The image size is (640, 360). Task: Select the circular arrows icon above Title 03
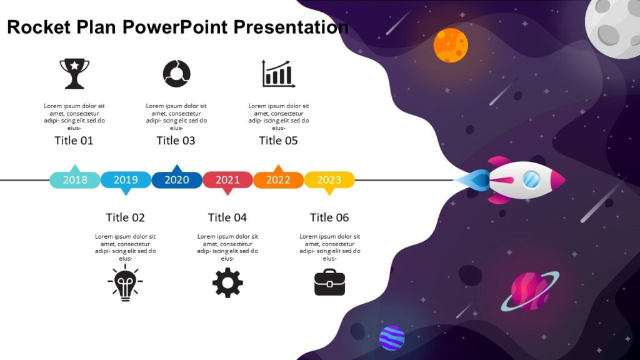tap(176, 74)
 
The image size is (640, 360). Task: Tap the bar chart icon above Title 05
tap(278, 74)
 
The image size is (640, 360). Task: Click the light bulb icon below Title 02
tap(125, 282)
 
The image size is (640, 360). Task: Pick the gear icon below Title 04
tap(227, 282)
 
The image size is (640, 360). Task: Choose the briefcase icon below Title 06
tap(329, 282)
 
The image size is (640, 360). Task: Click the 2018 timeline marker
tap(75, 180)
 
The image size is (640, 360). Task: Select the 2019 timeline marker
tap(126, 180)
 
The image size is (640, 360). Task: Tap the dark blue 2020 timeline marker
tap(177, 180)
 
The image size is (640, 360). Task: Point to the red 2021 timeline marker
tap(227, 180)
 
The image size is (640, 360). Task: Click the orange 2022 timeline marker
tap(278, 180)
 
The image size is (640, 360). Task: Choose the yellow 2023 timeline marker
tap(329, 180)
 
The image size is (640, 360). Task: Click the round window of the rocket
tap(531, 179)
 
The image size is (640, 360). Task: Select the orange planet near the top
tap(451, 46)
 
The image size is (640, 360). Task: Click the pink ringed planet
tap(529, 291)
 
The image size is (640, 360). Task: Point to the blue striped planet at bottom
tap(392, 338)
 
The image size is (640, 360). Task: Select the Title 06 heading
tap(329, 217)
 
